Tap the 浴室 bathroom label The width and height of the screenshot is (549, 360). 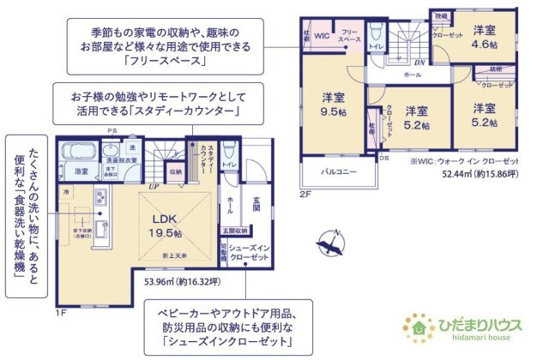click(x=81, y=171)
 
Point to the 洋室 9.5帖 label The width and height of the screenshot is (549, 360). click(x=333, y=105)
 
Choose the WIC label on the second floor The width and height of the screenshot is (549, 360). click(x=322, y=36)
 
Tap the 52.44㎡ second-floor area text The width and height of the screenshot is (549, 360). click(x=477, y=173)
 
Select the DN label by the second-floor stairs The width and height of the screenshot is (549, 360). click(x=419, y=63)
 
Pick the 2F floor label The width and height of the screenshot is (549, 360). click(x=305, y=195)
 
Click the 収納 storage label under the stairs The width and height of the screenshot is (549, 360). click(x=175, y=171)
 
